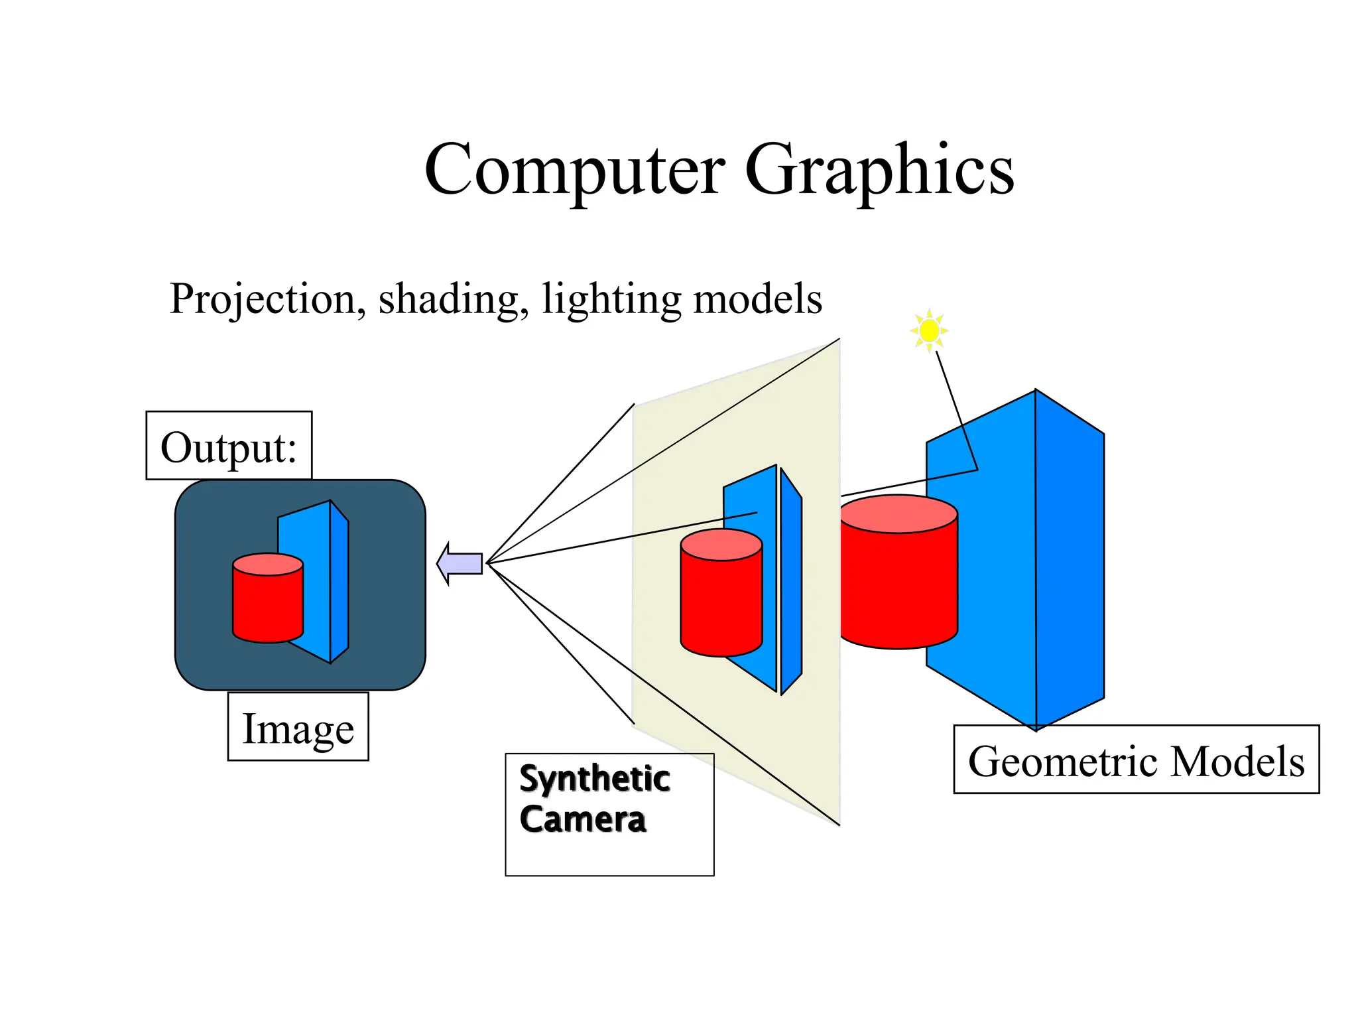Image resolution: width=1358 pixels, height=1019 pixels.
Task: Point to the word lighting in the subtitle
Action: pos(611,299)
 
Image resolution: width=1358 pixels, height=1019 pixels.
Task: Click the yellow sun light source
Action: pos(930,330)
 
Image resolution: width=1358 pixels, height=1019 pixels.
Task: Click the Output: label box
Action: pos(229,446)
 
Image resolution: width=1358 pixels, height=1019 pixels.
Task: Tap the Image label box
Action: pos(298,727)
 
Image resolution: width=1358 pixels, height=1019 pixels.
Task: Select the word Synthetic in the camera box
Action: pos(594,778)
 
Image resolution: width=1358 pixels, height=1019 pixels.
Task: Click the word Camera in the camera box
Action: pos(583,819)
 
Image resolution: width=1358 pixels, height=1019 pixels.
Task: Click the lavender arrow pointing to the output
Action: pos(460,563)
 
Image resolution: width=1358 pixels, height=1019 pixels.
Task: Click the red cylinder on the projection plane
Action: pos(721,607)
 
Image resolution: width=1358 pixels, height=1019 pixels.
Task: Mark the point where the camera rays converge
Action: pos(487,563)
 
